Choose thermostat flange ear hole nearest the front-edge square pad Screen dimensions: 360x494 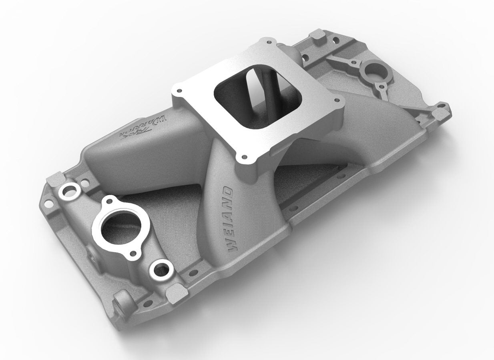134,253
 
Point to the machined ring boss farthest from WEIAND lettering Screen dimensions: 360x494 69,190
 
